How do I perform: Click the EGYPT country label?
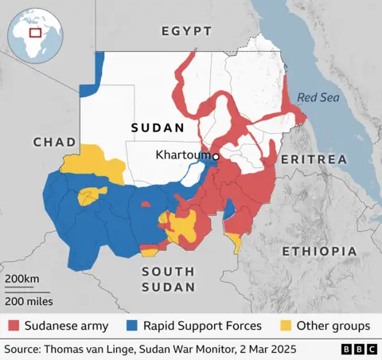(x=186, y=31)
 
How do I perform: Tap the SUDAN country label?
(x=158, y=127)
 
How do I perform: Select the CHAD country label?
(x=54, y=142)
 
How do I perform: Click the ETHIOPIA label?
(x=319, y=251)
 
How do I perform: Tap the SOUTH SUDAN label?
(x=168, y=279)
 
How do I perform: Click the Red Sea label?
(x=318, y=98)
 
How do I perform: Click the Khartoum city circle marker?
(x=215, y=158)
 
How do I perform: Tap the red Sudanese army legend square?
(x=14, y=326)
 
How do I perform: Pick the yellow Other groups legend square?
(x=284, y=326)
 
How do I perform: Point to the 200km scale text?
(x=22, y=278)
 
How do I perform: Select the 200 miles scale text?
(x=29, y=301)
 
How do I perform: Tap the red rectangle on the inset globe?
(x=35, y=33)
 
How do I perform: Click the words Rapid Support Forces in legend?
(x=202, y=326)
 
